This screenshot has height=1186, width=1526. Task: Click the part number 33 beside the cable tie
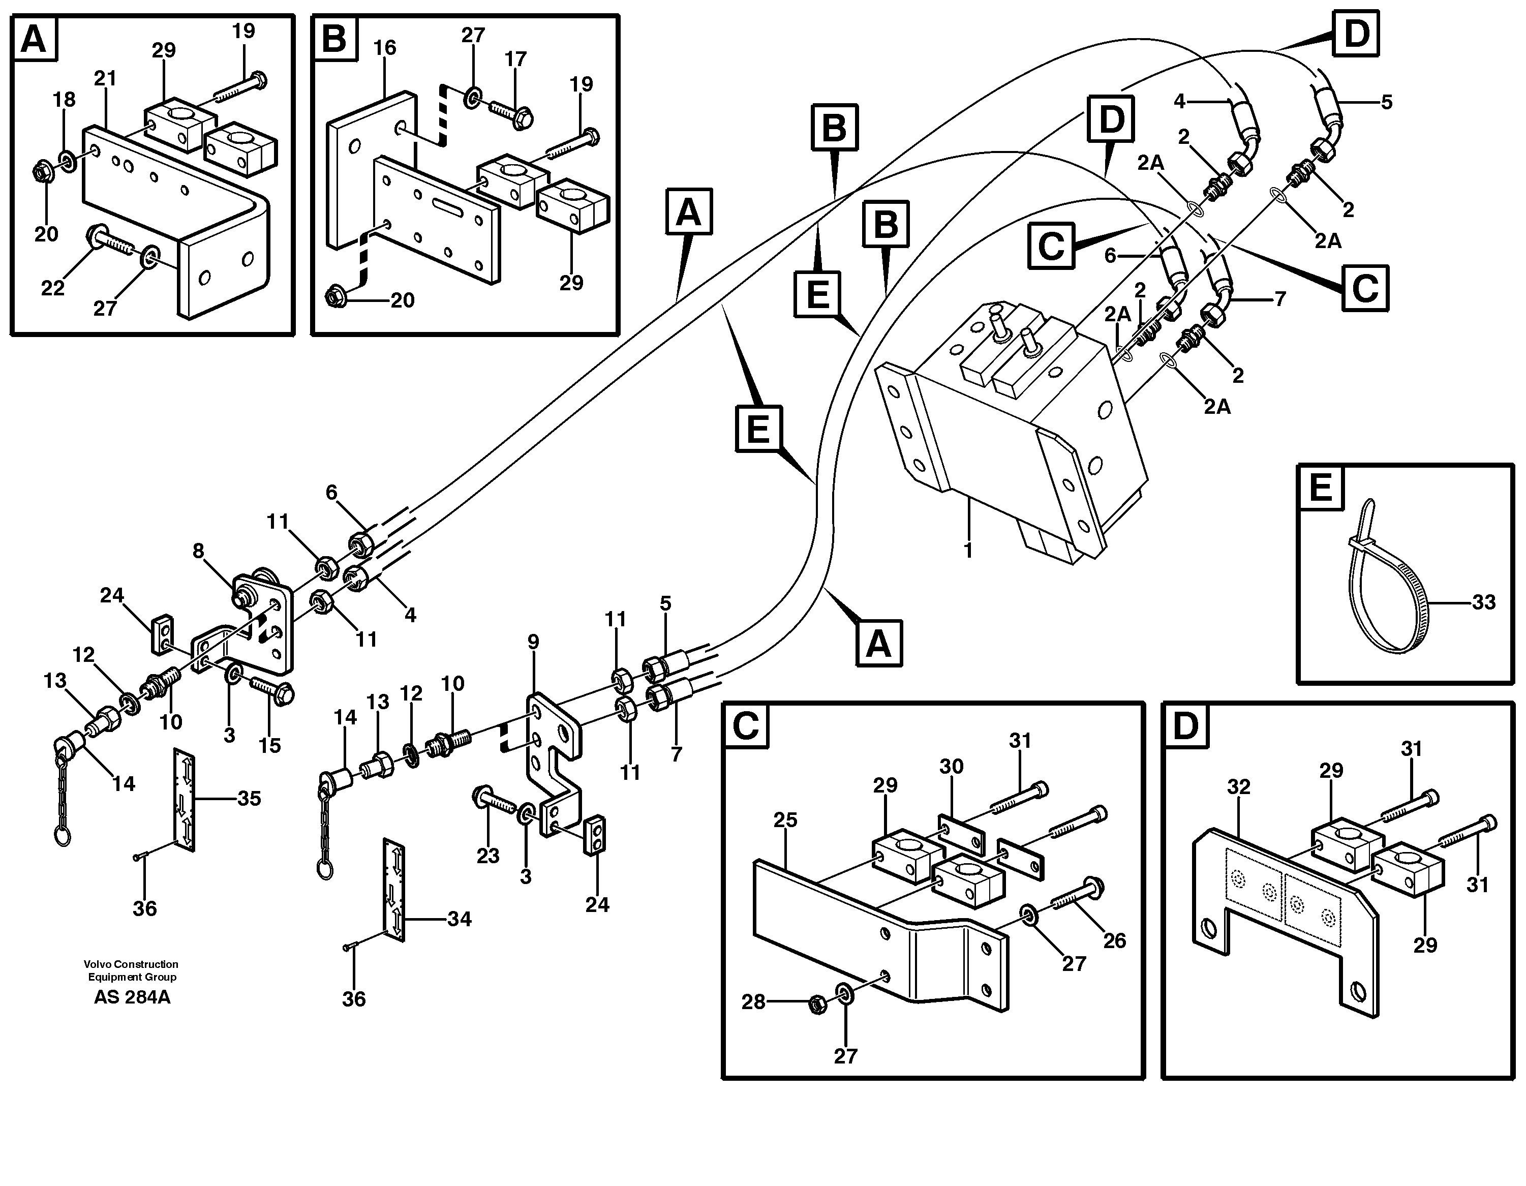click(1483, 602)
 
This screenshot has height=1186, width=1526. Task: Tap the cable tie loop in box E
click(1387, 601)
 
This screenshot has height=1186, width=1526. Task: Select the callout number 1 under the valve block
click(968, 551)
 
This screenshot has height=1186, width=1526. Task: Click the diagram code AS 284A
click(132, 997)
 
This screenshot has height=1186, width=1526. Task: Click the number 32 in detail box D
click(1238, 787)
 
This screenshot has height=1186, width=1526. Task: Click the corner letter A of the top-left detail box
click(34, 40)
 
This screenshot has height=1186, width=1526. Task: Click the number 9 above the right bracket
click(533, 642)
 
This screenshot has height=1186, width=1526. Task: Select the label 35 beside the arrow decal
click(250, 798)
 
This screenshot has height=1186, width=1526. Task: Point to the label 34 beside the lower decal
click(459, 919)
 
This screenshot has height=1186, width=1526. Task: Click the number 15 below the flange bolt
click(270, 745)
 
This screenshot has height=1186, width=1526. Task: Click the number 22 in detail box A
click(52, 287)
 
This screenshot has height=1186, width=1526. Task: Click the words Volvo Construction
click(131, 964)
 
